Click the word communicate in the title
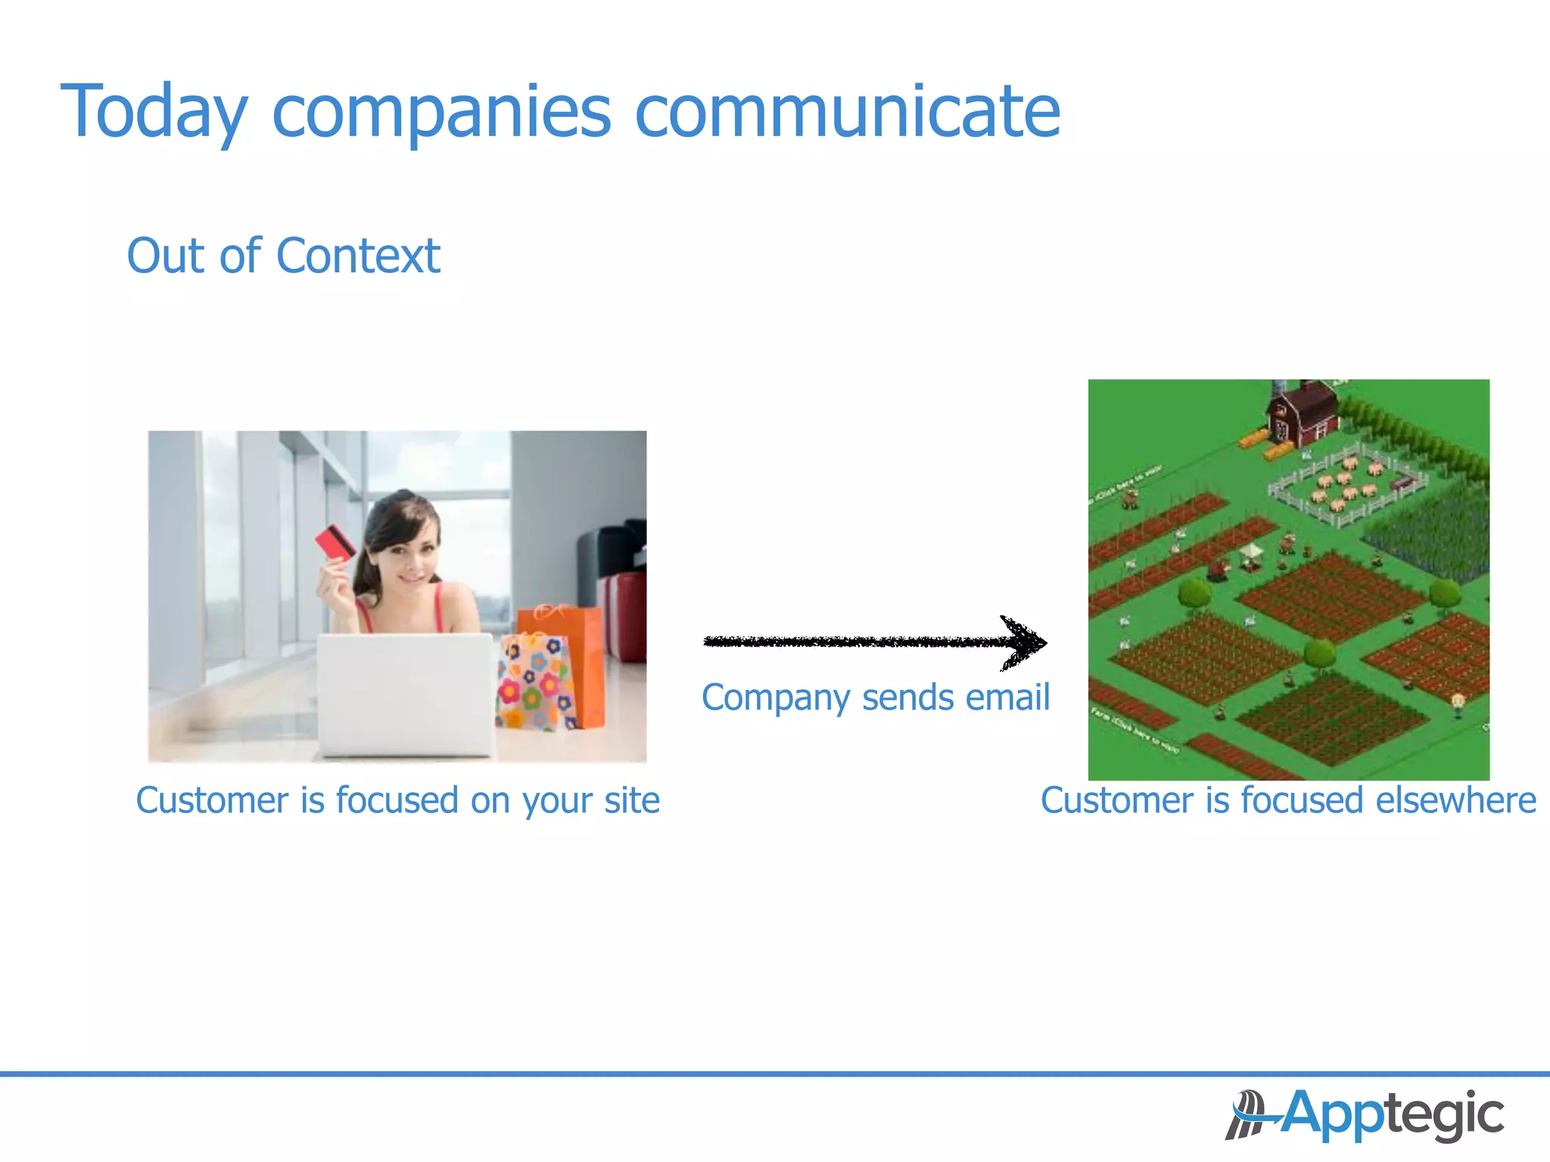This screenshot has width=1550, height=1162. coord(847,112)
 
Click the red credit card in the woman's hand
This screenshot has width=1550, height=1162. coord(335,542)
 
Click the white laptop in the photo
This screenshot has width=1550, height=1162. coord(406,694)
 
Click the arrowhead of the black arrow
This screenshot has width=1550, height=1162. coord(1026,643)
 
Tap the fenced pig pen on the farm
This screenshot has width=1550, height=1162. coord(1347,484)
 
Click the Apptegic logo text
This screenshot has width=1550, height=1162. coord(1393,1114)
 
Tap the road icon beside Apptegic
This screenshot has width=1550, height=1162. coord(1247,1114)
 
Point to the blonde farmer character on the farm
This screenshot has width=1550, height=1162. coord(1458,704)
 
